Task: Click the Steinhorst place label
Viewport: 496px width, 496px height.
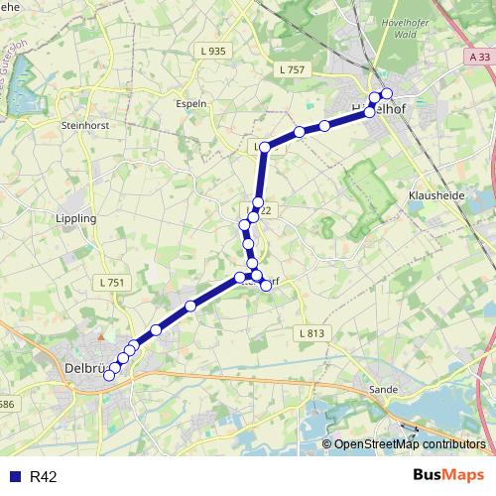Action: [x=83, y=126]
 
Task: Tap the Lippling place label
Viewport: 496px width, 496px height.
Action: [x=76, y=218]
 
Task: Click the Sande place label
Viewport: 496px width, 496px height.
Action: [x=383, y=390]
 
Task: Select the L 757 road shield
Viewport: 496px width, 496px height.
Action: [x=293, y=68]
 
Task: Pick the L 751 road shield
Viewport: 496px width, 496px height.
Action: [x=112, y=283]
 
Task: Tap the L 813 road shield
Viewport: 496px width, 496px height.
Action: [x=311, y=333]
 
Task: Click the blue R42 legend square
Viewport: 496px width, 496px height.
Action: [x=14, y=476]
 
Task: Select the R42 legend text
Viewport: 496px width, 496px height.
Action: [x=45, y=477]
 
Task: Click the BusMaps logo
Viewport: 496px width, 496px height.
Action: [x=449, y=475]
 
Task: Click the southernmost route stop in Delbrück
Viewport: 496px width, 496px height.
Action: [x=109, y=375]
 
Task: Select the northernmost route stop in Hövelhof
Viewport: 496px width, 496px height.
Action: [x=387, y=94]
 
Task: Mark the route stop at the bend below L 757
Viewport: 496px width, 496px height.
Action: [x=265, y=147]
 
